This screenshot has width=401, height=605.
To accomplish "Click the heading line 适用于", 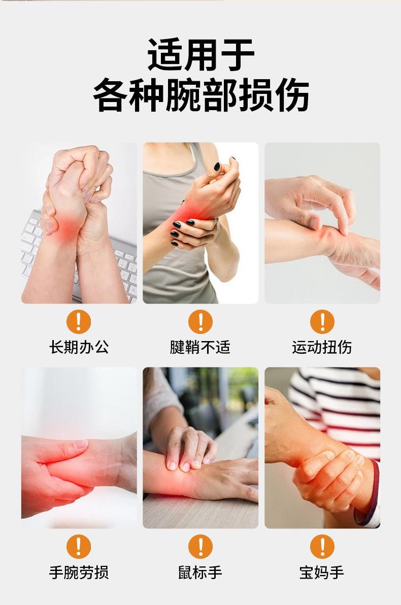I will pyautogui.click(x=201, y=54).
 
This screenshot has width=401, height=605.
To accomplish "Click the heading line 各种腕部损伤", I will pyautogui.click(x=201, y=95).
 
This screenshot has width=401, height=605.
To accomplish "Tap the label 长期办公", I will pyautogui.click(x=79, y=347).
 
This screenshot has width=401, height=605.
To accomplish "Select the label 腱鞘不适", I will pyautogui.click(x=200, y=347).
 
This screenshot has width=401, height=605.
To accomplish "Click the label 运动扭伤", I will pyautogui.click(x=322, y=347).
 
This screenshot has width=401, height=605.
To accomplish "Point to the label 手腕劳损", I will pyautogui.click(x=79, y=573).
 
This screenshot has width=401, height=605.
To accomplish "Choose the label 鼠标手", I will pyautogui.click(x=200, y=573).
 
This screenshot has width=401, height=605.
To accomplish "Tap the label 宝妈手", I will pyautogui.click(x=322, y=573).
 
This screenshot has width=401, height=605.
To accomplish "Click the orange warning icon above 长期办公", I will pyautogui.click(x=79, y=322).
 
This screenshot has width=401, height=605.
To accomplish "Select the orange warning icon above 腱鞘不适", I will pyautogui.click(x=201, y=322).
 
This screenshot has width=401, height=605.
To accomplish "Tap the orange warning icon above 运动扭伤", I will pyautogui.click(x=322, y=322).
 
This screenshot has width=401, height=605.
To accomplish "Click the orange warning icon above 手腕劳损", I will pyautogui.click(x=79, y=547).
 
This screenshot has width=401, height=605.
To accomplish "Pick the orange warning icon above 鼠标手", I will pyautogui.click(x=201, y=547).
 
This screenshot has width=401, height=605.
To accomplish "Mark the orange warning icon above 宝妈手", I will pyautogui.click(x=322, y=547).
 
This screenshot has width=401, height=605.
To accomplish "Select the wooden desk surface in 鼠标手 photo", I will pyautogui.click(x=203, y=513).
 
